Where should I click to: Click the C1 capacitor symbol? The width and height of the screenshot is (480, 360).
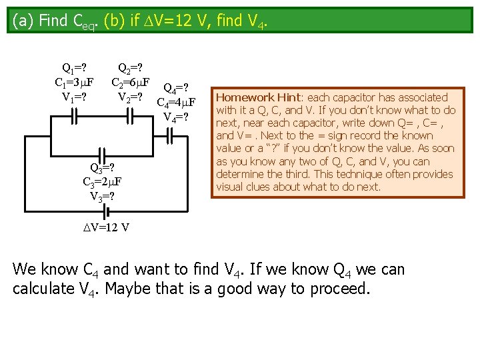tap(75, 117)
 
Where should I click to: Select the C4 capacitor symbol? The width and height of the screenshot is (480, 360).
tap(171, 137)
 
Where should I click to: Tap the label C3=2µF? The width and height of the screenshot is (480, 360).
tap(102, 181)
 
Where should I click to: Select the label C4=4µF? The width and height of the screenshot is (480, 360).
tap(175, 103)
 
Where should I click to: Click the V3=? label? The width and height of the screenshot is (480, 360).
tap(102, 196)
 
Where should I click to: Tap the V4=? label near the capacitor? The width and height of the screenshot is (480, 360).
tap(176, 117)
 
